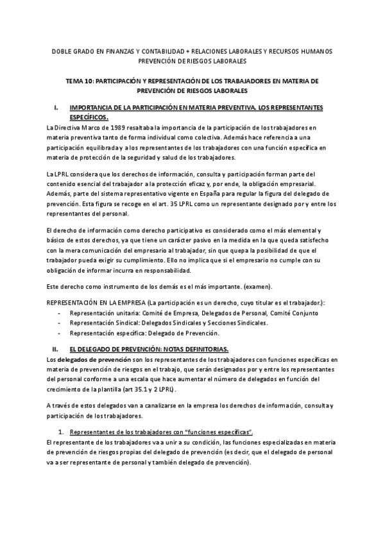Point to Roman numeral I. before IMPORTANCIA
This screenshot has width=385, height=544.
(x=57, y=108)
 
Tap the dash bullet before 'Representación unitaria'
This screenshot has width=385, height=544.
(x=60, y=312)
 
